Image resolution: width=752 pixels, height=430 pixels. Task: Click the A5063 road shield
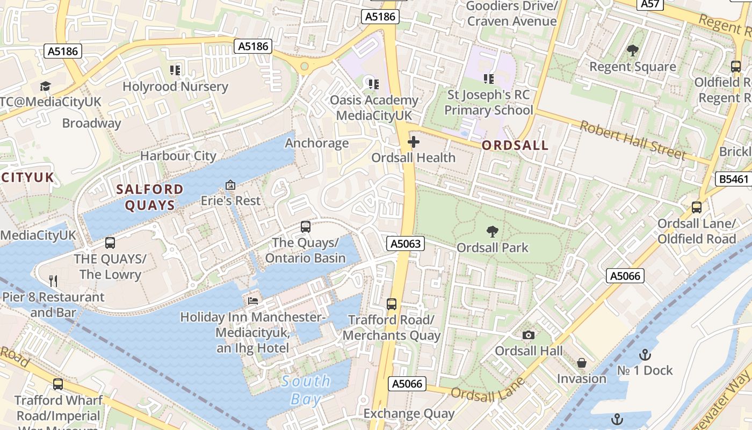coord(406,244)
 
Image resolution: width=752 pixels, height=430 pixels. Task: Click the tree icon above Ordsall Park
coord(492,232)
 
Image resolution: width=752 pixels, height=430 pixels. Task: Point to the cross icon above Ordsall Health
coord(414,142)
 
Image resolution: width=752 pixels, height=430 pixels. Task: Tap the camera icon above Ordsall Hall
coord(529,335)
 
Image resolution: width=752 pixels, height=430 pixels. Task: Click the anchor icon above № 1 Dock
coord(645,355)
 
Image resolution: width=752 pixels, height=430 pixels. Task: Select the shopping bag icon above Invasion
coord(581,363)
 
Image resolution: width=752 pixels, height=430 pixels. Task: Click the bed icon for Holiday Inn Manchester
coord(253,300)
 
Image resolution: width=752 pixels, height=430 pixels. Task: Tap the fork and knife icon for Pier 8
coord(53,281)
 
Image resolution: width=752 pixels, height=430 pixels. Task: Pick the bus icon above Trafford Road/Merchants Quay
coord(392,304)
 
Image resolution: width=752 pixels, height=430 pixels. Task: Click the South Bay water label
coord(306,390)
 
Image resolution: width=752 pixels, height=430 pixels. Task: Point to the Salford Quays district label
coord(150,197)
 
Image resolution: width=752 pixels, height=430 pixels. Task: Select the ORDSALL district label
coord(515,145)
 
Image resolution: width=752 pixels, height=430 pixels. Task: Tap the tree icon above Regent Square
coord(633,51)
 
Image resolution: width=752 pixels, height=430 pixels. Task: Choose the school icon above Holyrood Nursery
coord(175,70)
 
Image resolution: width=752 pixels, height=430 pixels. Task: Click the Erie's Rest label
coord(230,200)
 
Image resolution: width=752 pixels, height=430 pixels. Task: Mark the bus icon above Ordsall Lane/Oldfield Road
coord(697,207)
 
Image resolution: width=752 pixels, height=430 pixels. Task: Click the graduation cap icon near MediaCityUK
coord(45,86)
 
